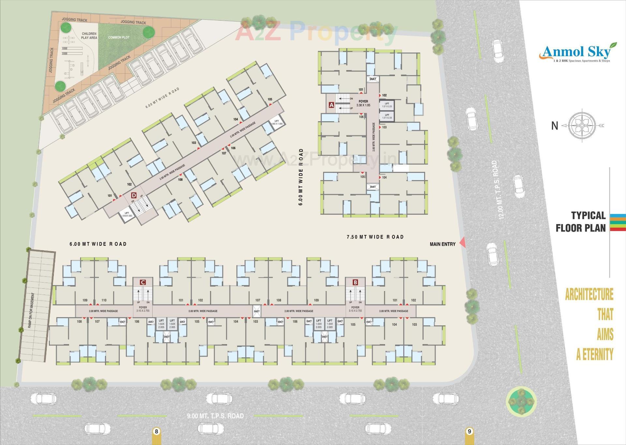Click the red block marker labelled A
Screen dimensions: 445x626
[x=331, y=105]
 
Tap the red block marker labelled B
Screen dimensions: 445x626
[x=355, y=282]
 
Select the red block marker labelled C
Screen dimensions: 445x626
[x=142, y=282]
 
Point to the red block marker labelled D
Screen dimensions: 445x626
[x=133, y=195]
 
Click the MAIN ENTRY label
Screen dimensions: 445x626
[x=442, y=244]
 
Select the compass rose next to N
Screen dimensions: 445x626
[x=583, y=125]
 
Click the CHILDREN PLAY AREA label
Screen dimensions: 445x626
[x=89, y=36]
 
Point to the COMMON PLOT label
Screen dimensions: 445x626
[x=119, y=38]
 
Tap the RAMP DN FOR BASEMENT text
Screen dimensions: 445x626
[x=31, y=310]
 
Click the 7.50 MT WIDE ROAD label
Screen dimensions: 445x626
[x=375, y=237]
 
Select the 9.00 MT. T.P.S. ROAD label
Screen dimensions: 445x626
[x=215, y=416]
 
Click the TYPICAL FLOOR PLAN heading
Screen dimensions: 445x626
[x=580, y=222]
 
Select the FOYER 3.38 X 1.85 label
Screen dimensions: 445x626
[x=363, y=103]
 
